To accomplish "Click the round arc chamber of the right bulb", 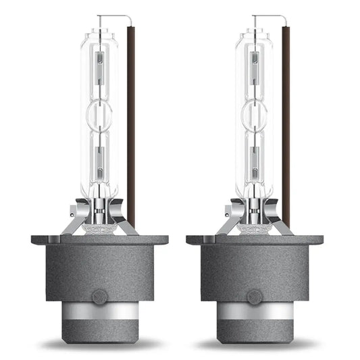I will (255, 111).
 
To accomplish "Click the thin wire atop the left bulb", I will (111, 17).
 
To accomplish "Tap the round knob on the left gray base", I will (99, 296).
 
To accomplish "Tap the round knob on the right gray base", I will (255, 296).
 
